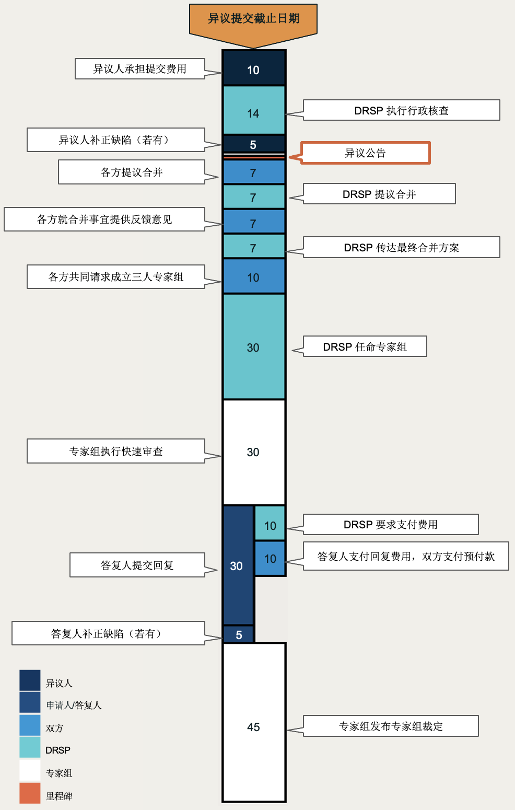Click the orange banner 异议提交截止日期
click(x=253, y=19)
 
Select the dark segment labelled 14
click(x=254, y=110)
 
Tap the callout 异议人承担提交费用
click(x=139, y=69)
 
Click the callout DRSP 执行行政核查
click(x=401, y=110)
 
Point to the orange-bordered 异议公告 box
click(x=365, y=153)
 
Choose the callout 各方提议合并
click(x=131, y=172)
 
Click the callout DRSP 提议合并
click(x=379, y=194)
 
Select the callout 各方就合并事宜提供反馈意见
click(x=104, y=219)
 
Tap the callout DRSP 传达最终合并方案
click(x=401, y=247)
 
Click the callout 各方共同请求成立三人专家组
click(x=116, y=277)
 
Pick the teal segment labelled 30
click(x=254, y=347)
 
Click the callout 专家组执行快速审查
click(x=116, y=451)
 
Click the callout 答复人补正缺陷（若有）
click(x=108, y=633)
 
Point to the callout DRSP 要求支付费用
click(x=391, y=524)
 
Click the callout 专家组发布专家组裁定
click(x=391, y=726)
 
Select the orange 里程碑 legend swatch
click(x=30, y=793)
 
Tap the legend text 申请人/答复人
click(x=74, y=705)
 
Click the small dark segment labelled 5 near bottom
click(x=239, y=634)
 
